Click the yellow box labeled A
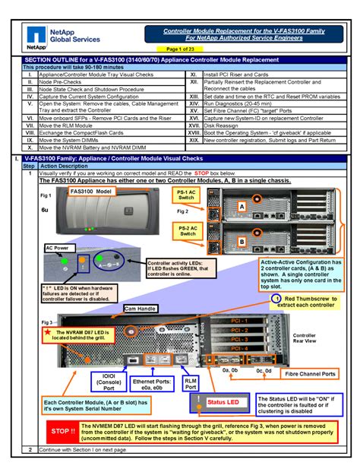pos(241,207)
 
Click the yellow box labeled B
pos(241,241)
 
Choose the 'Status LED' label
pos(223,401)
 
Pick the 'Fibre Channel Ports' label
pos(308,374)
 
